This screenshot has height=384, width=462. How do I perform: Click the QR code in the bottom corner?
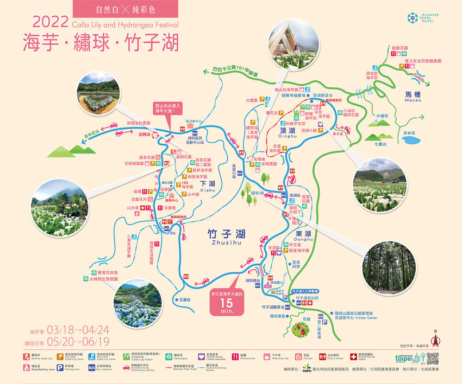433,359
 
